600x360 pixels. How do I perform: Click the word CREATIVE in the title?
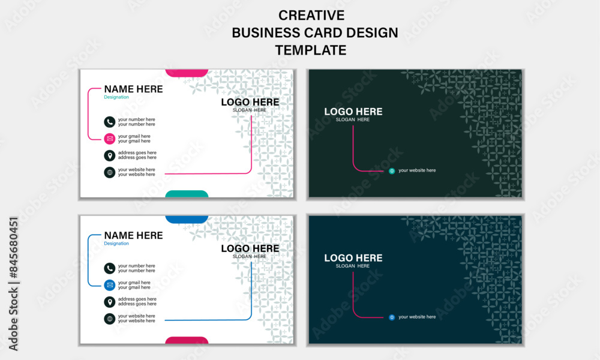(311, 16)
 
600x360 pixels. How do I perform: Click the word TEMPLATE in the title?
(311, 50)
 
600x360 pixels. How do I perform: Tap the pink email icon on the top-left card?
(110, 139)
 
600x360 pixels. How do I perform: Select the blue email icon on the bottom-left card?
(110, 285)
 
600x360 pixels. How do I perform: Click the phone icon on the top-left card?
(110, 122)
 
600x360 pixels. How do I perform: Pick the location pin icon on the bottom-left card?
(110, 302)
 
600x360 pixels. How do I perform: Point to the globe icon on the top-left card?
(110, 173)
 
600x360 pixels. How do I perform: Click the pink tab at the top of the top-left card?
(187, 73)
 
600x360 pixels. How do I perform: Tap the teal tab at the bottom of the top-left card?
(187, 194)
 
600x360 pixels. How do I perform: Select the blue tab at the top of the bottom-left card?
(187, 219)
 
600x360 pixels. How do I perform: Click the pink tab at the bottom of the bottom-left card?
(187, 340)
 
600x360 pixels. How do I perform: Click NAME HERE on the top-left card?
(134, 89)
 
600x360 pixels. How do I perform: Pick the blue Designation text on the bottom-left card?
(116, 244)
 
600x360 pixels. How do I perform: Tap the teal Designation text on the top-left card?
(116, 97)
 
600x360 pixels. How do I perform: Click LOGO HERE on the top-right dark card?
(353, 112)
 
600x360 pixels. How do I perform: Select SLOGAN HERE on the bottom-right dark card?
(353, 266)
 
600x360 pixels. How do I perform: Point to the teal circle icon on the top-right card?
(392, 171)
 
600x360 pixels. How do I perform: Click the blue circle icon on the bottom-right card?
(392, 317)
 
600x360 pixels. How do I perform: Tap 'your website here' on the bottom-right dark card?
(417, 317)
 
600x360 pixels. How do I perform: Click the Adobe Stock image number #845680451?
(13, 248)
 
